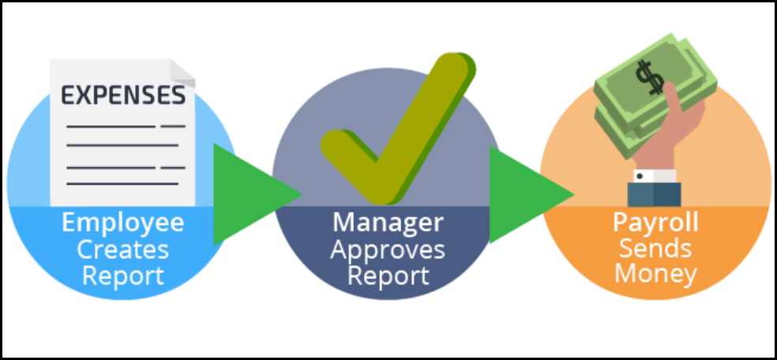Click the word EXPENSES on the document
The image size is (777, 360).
(x=124, y=96)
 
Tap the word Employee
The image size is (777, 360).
(x=123, y=223)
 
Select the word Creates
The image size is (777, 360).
(x=123, y=250)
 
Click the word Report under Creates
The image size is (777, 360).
(x=123, y=276)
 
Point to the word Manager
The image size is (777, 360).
(x=387, y=223)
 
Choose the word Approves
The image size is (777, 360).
(x=387, y=250)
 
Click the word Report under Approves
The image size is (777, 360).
(x=387, y=276)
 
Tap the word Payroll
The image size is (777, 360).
(x=656, y=223)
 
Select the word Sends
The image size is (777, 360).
(x=656, y=249)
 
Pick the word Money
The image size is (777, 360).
(x=656, y=275)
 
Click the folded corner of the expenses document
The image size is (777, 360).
(x=183, y=70)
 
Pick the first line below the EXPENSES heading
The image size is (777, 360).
(x=111, y=126)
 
